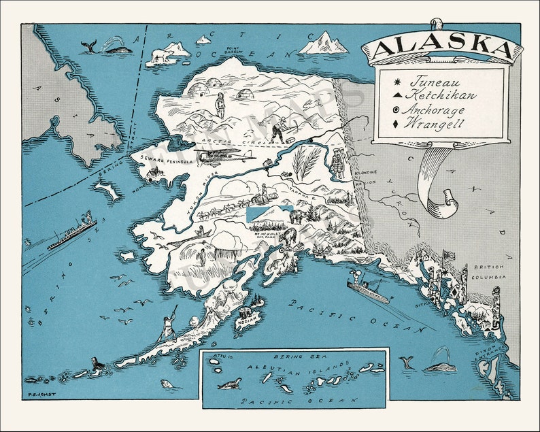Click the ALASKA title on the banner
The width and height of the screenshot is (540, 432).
click(441, 48)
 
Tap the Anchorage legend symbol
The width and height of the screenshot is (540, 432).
click(396, 110)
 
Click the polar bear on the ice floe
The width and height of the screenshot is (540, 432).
click(161, 55)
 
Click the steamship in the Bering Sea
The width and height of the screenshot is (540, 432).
click(71, 233)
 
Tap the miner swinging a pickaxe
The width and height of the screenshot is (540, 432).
click(278, 127)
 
